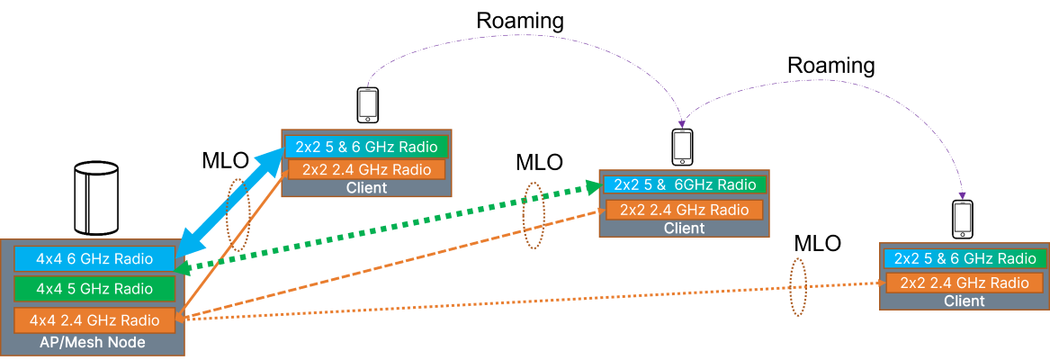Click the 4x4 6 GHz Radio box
[94, 258]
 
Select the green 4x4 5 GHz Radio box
[94, 289]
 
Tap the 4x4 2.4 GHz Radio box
[94, 320]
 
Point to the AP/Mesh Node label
[94, 343]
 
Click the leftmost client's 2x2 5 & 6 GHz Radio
[366, 147]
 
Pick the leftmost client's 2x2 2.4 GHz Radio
[366, 169]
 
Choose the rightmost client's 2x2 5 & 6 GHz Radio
[965, 259]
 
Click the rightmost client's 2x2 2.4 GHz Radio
[965, 283]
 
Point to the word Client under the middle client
[685, 229]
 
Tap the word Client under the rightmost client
[965, 301]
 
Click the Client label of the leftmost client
[366, 188]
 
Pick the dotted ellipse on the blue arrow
[238, 213]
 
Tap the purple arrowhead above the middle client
[683, 121]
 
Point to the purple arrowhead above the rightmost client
[963, 194]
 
